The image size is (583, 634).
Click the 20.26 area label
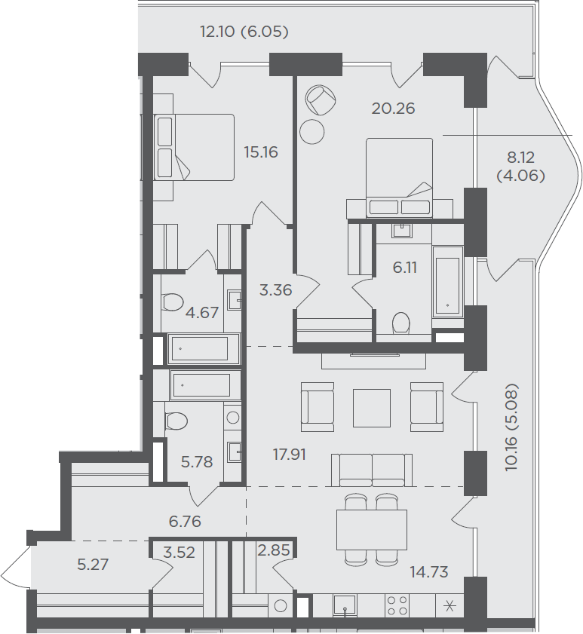(393, 109)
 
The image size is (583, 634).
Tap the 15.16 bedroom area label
(260, 152)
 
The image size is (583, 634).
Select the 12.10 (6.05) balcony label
(244, 32)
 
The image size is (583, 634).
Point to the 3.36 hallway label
(275, 290)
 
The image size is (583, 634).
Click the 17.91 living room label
(290, 455)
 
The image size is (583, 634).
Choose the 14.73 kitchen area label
(429, 572)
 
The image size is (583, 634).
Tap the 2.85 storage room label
(274, 550)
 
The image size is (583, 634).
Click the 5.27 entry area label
(93, 565)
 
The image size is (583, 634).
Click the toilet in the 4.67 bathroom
(171, 302)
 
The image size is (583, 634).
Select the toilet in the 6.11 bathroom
(401, 323)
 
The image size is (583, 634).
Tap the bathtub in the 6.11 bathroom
(447, 281)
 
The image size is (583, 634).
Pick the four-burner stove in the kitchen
(397, 605)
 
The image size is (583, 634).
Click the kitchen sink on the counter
(345, 605)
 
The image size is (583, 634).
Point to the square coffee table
(371, 408)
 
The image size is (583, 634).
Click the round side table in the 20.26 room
(312, 132)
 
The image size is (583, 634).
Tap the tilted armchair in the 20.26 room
(321, 100)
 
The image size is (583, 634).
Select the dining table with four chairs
(372, 530)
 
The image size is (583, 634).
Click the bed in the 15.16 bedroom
(194, 147)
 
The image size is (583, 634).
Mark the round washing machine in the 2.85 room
(281, 605)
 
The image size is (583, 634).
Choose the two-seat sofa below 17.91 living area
(372, 470)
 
